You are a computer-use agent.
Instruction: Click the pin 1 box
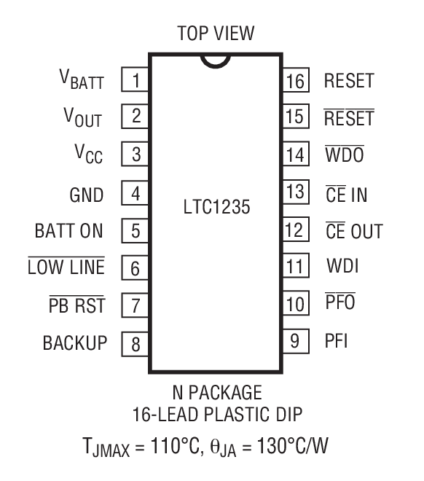tap(135, 79)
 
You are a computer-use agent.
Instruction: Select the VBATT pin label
tap(82, 80)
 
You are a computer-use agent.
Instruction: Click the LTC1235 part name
tap(216, 209)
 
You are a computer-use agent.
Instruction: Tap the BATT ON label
tap(69, 231)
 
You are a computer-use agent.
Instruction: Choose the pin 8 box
tap(135, 343)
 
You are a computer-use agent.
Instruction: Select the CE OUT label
tap(353, 231)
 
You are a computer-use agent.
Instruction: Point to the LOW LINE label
tap(66, 267)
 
